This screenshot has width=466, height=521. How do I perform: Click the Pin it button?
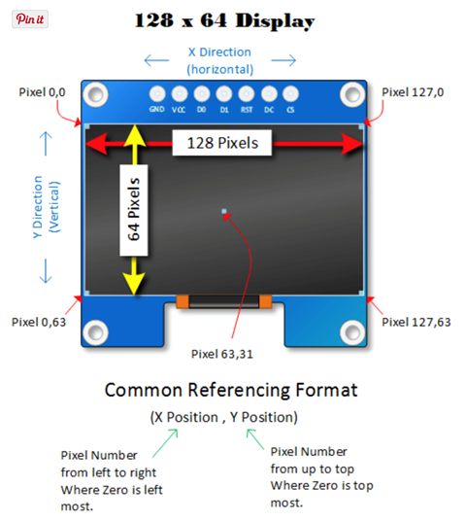tap(30, 19)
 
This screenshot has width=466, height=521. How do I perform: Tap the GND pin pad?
tap(157, 94)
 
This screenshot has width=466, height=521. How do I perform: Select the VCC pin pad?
tap(180, 94)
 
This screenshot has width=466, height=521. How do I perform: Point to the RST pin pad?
tap(247, 94)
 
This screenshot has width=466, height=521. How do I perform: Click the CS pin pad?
tap(290, 94)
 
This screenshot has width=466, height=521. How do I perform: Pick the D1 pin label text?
tap(224, 110)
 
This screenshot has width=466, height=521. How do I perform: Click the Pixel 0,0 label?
tap(42, 92)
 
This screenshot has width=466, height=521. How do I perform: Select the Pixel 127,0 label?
tap(413, 92)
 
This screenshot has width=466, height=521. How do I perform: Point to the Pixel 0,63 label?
tap(39, 323)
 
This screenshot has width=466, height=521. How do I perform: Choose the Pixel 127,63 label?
tap(416, 323)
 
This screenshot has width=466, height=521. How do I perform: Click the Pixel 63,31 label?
tap(222, 354)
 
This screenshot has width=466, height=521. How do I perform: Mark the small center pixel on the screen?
tap(224, 211)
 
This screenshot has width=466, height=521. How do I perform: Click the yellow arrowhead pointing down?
tap(134, 283)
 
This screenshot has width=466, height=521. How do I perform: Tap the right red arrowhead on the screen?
tap(352, 144)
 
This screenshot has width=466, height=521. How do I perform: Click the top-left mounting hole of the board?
tap(95, 94)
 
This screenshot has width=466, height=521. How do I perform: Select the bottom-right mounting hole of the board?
tap(352, 332)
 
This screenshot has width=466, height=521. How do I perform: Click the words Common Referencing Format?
tap(231, 390)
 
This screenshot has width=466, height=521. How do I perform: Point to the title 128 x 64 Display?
tap(224, 21)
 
